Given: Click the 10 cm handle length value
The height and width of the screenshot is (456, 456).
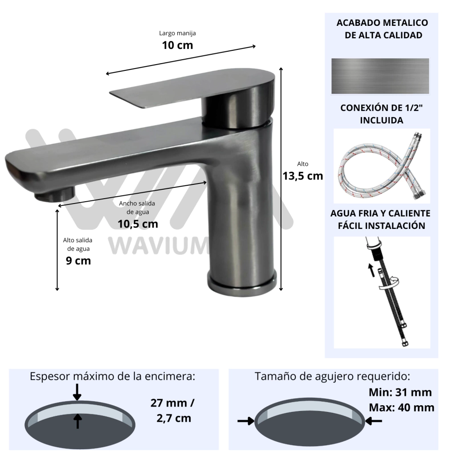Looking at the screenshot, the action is coord(177,45).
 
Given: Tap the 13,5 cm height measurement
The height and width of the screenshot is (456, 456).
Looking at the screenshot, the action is coord(303,176).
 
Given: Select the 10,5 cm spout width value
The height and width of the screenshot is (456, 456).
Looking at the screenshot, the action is coord(138,224).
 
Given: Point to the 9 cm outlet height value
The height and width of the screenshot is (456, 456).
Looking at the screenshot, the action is coord(78,261).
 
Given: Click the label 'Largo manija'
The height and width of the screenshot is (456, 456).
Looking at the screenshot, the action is coord(177,33).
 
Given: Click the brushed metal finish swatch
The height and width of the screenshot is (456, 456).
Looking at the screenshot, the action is coord(380,76).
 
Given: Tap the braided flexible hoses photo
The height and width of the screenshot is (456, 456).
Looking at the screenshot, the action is coord(382,166).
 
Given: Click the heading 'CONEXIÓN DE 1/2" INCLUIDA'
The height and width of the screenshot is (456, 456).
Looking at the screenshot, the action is coord(382,114).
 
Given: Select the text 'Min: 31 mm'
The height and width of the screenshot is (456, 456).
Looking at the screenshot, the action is coord(400,392).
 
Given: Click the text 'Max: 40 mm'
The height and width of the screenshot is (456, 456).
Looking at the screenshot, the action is coord(402,407).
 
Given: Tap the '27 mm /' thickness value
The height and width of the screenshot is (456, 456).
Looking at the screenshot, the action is coord(172,403).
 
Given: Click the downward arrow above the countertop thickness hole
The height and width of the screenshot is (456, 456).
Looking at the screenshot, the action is coord(77,392).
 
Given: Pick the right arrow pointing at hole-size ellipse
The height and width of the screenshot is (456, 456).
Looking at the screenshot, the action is coord(374,421).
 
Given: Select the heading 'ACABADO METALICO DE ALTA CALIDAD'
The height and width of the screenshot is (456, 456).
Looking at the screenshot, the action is coord(382,29).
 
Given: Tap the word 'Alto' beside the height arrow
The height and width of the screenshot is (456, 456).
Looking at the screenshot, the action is coord(303,164).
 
